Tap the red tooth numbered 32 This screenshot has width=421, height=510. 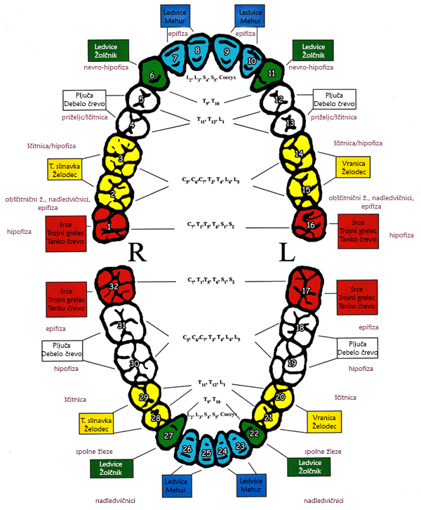click(114, 287)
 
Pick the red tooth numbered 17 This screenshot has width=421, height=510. click(306, 288)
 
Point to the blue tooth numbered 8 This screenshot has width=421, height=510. click(198, 51)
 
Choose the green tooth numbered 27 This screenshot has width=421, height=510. click(169, 436)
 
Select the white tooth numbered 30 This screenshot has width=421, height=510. click(134, 362)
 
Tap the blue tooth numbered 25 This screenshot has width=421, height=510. click(207, 453)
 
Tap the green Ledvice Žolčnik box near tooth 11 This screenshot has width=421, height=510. click(312, 51)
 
